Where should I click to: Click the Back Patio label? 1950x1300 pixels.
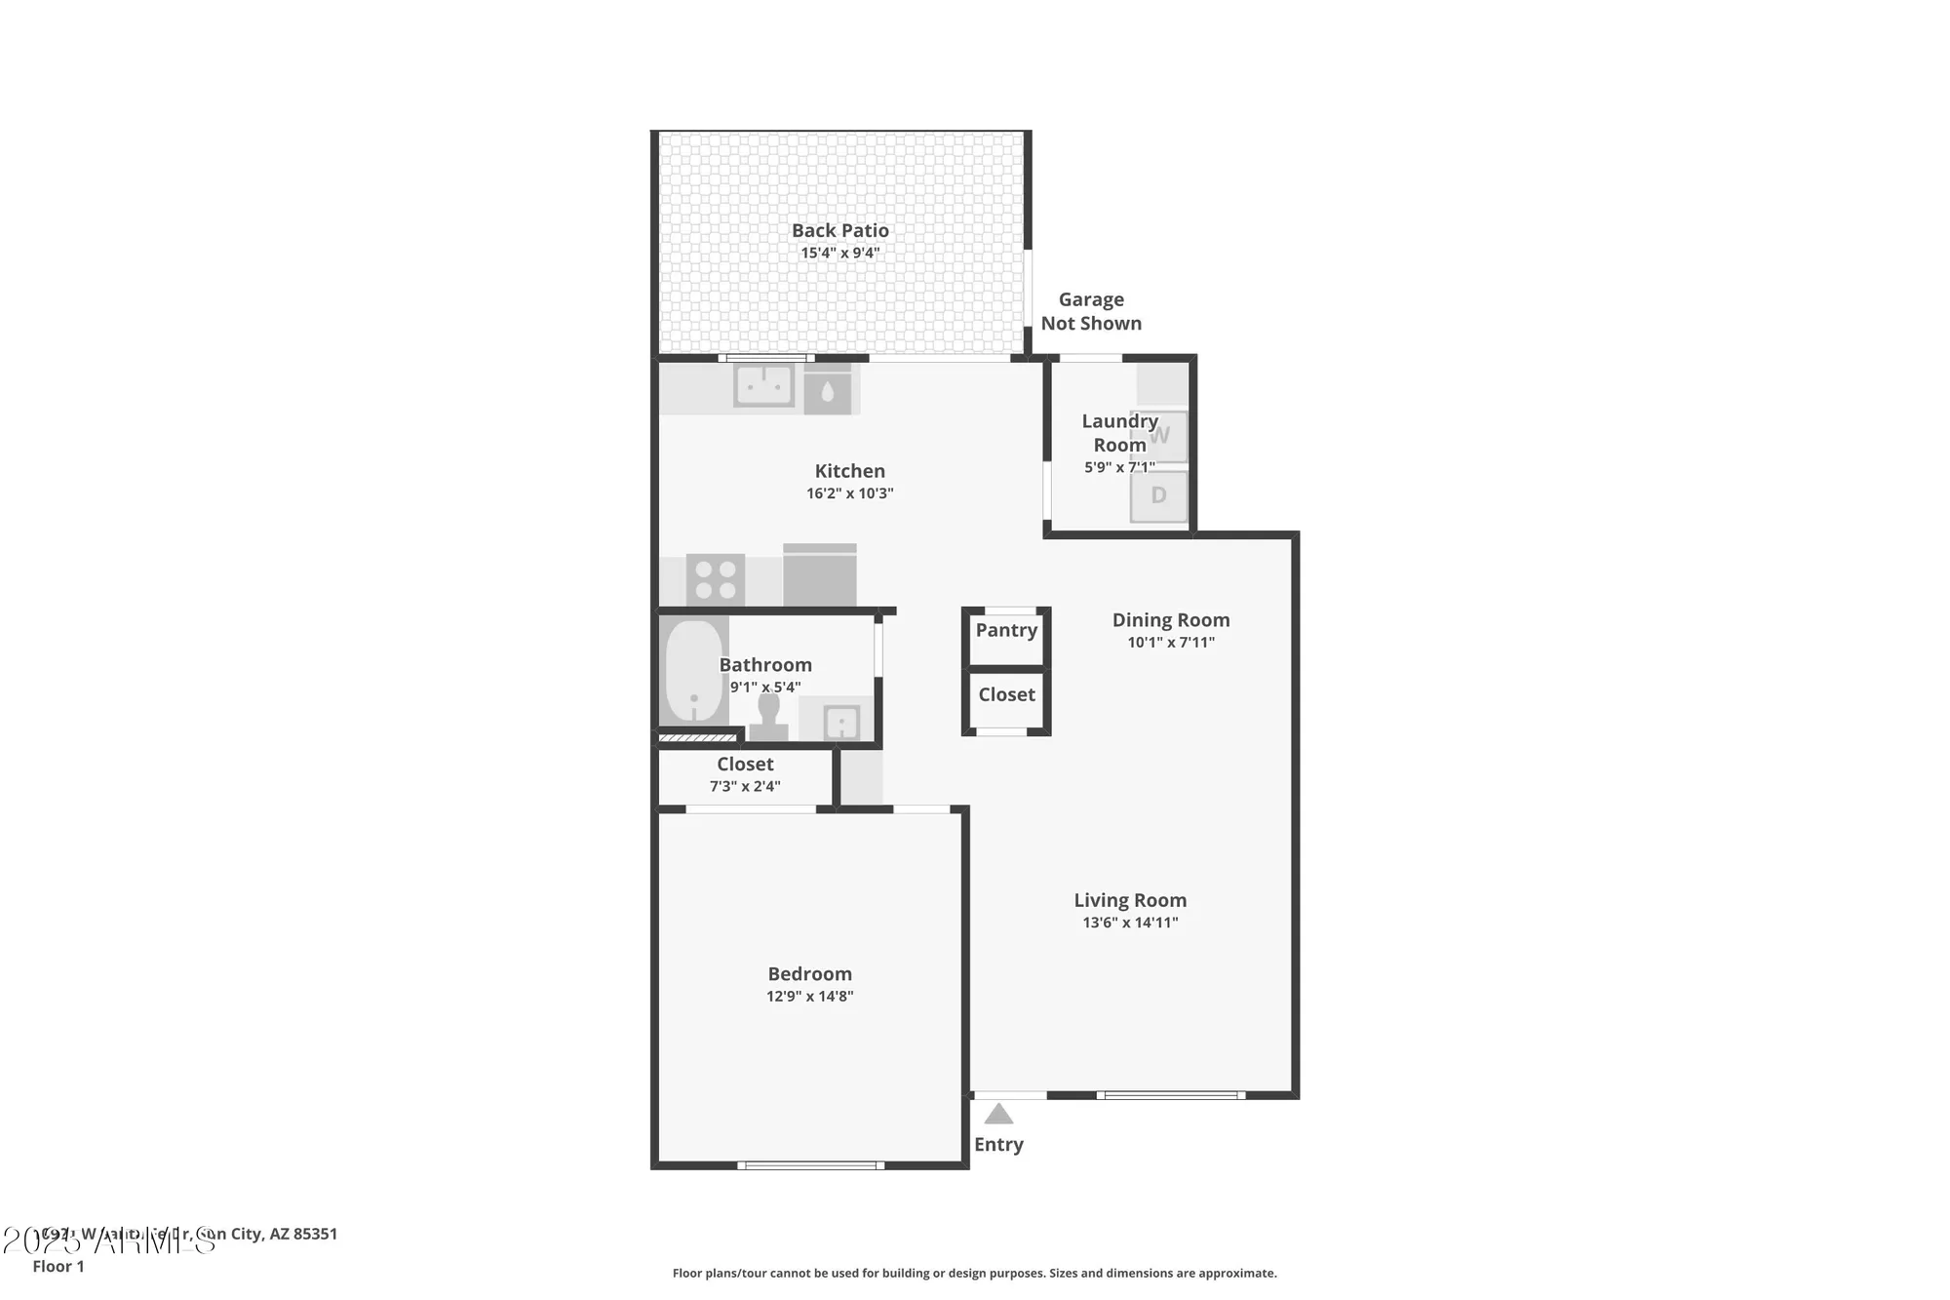(x=839, y=230)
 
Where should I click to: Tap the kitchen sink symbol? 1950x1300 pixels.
(x=763, y=386)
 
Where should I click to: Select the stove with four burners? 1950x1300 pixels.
(x=716, y=579)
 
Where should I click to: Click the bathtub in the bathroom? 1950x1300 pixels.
(x=693, y=671)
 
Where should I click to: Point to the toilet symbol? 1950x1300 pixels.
(x=768, y=717)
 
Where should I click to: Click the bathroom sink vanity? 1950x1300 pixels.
(x=840, y=722)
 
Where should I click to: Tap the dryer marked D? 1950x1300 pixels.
(x=1158, y=495)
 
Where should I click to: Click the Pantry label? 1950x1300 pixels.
(x=1006, y=630)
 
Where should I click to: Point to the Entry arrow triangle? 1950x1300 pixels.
(x=998, y=1114)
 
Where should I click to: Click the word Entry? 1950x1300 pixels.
(x=998, y=1144)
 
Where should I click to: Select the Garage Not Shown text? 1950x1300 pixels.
(x=1091, y=311)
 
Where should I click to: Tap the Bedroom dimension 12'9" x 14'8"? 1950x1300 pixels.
(x=809, y=996)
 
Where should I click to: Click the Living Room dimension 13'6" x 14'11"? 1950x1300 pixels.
(x=1130, y=923)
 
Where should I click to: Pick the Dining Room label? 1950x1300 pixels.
(x=1170, y=619)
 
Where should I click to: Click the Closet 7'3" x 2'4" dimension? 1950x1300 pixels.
(x=745, y=786)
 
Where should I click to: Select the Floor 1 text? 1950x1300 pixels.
(x=58, y=1266)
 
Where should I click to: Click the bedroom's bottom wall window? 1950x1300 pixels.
(x=810, y=1164)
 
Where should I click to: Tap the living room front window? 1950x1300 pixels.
(x=1170, y=1095)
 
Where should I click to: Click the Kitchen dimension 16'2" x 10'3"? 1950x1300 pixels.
(x=849, y=493)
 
